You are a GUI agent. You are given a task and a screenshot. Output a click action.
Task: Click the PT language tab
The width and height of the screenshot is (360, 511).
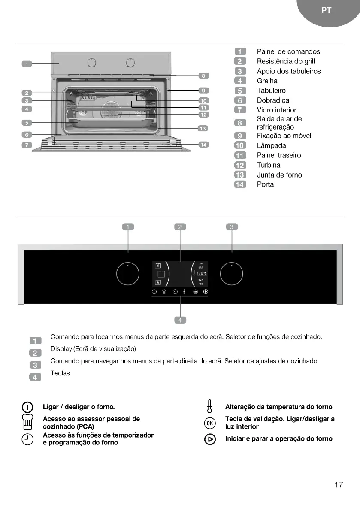coord(326,11)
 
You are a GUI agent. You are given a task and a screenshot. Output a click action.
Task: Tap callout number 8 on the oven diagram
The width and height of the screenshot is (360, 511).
coord(203,76)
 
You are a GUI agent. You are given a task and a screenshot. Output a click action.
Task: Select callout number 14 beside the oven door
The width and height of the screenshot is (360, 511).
coord(203,145)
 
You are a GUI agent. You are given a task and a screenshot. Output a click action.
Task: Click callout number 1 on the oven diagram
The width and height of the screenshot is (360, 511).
coord(27,64)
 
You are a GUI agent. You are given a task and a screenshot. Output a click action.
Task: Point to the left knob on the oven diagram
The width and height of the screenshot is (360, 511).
coord(91,63)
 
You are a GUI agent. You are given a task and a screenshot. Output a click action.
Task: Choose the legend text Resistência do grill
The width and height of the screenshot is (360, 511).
coord(286,61)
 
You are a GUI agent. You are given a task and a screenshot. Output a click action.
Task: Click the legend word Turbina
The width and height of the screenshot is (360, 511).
coord(269,165)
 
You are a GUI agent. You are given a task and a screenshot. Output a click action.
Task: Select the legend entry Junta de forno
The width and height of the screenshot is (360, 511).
coord(279,175)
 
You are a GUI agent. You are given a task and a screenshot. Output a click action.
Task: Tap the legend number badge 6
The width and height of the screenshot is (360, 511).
coord(240,100)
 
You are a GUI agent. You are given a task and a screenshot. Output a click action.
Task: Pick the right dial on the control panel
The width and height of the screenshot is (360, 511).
coord(232,274)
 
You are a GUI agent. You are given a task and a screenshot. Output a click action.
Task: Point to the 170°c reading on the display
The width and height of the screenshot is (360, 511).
coord(202,273)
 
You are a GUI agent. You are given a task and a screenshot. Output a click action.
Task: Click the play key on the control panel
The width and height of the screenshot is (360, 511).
coord(206,292)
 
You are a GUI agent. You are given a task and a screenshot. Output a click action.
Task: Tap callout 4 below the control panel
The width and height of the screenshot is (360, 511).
coord(180,320)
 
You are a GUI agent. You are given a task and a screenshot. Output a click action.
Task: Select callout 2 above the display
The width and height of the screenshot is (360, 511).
coord(180,227)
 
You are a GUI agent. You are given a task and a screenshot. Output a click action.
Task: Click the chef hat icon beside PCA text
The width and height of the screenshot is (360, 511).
coord(27,423)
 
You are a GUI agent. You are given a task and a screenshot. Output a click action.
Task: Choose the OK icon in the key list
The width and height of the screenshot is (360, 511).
coord(209,423)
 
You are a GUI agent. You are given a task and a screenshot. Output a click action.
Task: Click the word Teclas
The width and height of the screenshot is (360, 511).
coord(60,373)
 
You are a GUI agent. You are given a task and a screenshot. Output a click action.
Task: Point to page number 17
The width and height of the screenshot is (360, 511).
coord(339,485)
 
